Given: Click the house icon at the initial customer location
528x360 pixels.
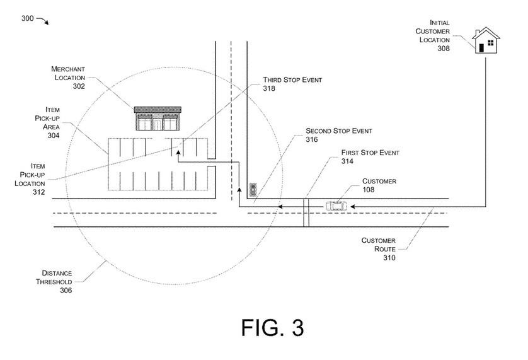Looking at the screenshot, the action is pos(486,40).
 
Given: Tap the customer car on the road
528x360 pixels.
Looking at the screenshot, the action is pos(336,206).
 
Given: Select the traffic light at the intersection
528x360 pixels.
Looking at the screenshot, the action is pos(253,190).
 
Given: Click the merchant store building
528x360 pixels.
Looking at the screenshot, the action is pos(158,119).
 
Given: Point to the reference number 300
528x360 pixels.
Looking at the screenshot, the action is pos(28,18).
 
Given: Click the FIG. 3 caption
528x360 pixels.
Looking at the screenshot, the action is pos(273,327).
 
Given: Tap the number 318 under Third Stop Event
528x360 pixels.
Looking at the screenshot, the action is pos(269,88).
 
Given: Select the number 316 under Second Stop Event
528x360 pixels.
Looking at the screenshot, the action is pos(312,139).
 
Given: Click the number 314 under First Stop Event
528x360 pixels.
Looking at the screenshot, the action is pos(347,161).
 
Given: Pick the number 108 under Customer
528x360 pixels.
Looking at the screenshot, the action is pos(369,190).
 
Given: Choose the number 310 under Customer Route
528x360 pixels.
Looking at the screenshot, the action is pos(389,258).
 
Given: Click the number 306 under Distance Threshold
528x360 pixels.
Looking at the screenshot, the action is pos(66,291).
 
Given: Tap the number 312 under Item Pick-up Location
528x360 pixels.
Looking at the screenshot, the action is pos(38,192).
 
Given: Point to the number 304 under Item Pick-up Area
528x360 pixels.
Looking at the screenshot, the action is pos(54,136).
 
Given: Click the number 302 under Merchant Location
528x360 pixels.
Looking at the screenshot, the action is pos(79,86).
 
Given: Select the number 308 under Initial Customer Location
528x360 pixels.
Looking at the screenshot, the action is pos(444,49).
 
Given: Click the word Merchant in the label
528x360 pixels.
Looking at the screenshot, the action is pos(68,69).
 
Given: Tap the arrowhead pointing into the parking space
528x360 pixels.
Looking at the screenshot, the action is pos(178,152).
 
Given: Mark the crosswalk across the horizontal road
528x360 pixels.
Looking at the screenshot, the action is pos(306,212).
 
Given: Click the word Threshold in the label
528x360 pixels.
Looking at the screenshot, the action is pos(54,282).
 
